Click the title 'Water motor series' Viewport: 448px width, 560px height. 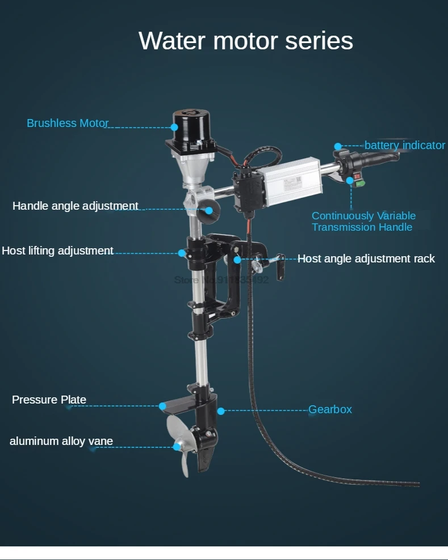[246, 41]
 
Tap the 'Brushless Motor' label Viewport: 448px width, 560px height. [68, 123]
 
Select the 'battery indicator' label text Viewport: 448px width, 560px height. [404, 146]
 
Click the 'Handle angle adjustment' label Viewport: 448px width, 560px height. [76, 206]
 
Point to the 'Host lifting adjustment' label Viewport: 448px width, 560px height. [57, 251]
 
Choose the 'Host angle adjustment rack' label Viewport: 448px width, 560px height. [366, 259]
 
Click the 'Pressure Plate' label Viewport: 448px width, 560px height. [49, 400]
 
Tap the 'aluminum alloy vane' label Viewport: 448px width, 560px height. [61, 441]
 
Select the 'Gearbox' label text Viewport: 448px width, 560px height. [330, 409]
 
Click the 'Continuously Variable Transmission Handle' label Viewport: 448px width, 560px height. [363, 222]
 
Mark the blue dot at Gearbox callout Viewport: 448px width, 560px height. [221, 410]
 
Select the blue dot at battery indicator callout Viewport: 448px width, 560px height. [338, 146]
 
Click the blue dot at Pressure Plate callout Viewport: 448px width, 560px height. [163, 406]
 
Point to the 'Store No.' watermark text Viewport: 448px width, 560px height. [220, 279]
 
